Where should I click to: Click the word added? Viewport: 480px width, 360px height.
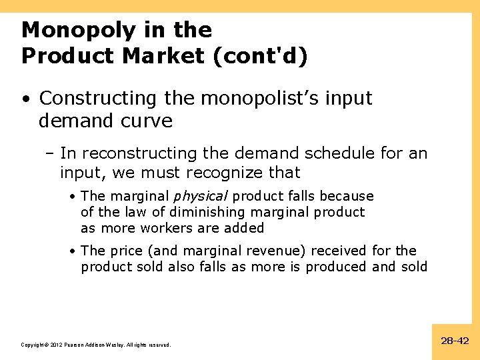pos(247,228)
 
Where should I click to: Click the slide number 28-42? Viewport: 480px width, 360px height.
pos(455,341)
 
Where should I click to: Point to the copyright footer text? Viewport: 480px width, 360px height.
pos(96,345)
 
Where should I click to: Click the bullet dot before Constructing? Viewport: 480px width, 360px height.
pos(25,99)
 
